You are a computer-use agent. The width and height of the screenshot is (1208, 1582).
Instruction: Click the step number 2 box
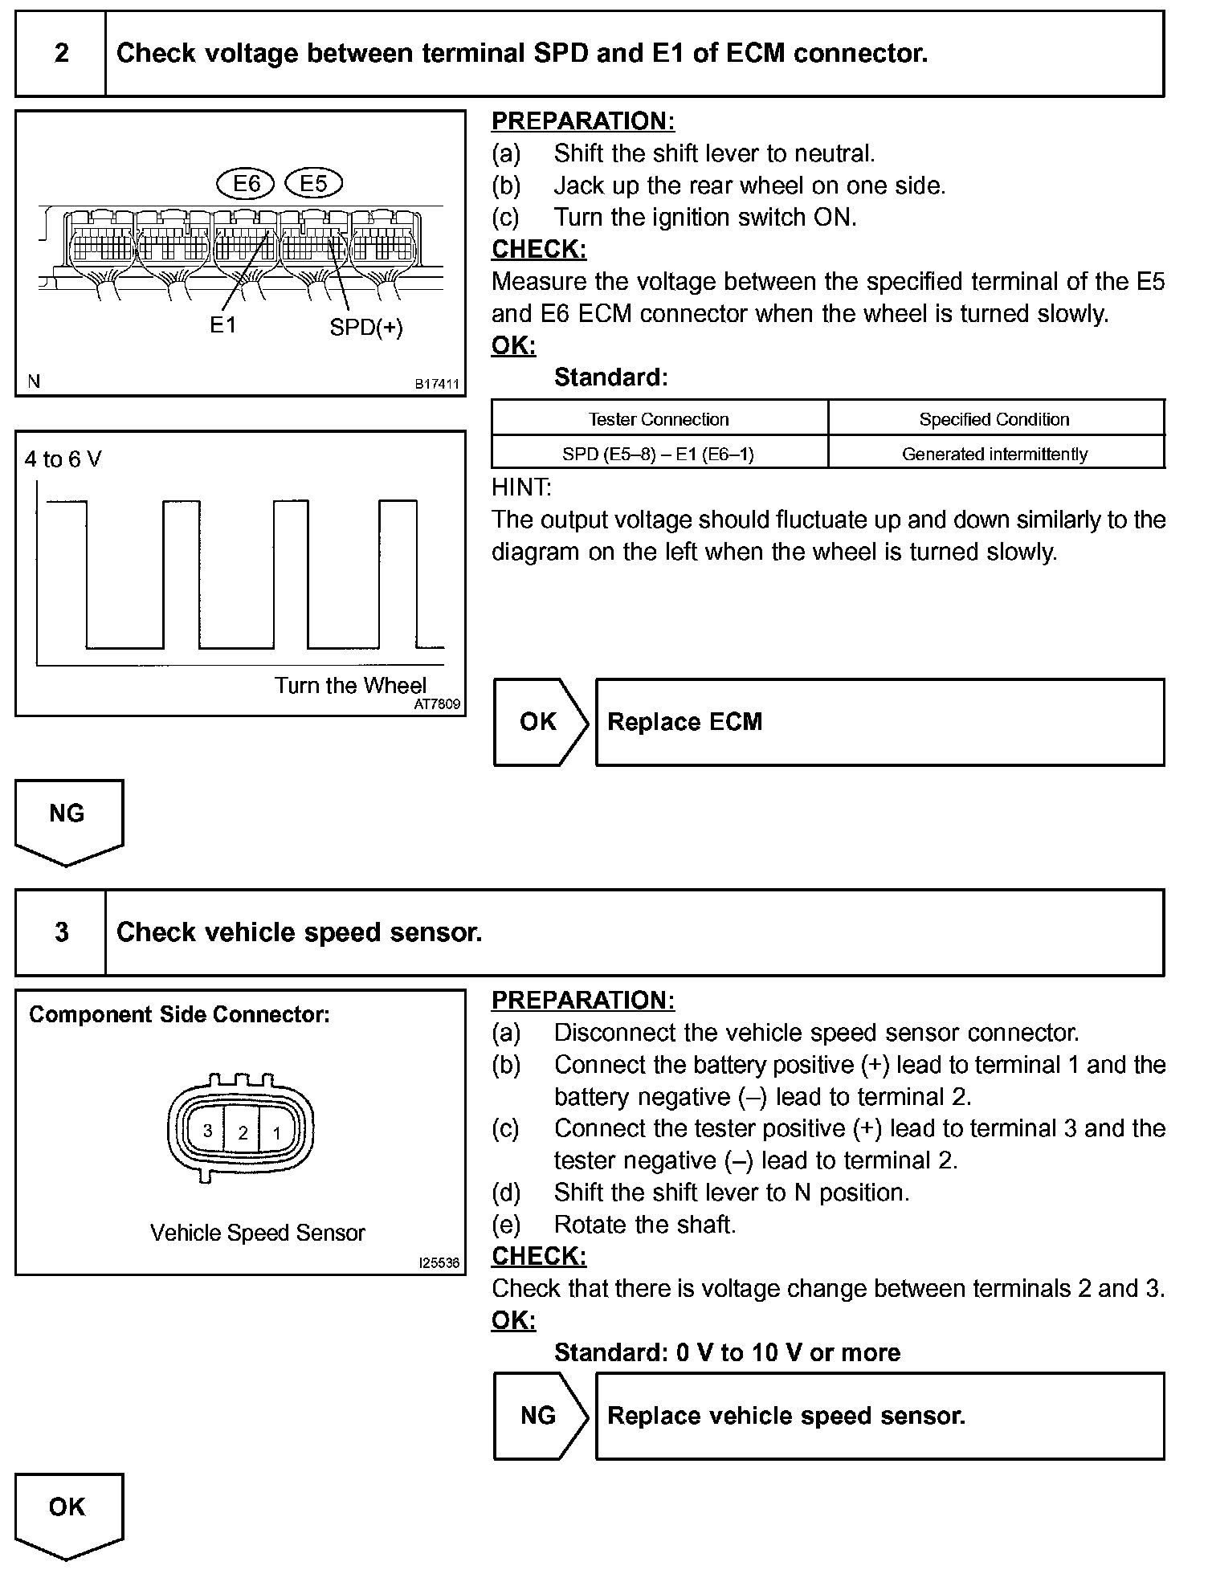point(61,54)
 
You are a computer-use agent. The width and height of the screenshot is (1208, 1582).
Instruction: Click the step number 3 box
point(61,932)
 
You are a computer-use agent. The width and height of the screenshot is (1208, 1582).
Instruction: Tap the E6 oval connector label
point(246,184)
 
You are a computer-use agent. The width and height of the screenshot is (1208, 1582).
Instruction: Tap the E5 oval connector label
point(313,184)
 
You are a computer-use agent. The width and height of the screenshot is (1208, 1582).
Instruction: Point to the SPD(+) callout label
point(366,328)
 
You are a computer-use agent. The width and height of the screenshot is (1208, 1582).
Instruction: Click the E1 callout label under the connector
point(222,325)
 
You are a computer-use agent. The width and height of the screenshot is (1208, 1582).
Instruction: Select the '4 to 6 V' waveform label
point(63,459)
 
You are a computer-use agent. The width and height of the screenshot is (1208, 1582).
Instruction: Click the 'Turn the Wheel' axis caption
point(350,685)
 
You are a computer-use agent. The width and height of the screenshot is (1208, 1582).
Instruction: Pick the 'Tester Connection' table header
point(659,419)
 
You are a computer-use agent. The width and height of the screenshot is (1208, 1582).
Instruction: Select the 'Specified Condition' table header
point(994,419)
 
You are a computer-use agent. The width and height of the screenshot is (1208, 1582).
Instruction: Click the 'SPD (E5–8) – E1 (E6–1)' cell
point(659,455)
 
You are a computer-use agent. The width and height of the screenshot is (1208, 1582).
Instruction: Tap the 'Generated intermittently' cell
point(994,455)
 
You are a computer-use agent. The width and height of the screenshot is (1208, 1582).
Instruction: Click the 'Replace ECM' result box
point(879,722)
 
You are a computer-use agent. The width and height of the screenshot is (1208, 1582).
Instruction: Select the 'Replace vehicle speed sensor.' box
point(879,1416)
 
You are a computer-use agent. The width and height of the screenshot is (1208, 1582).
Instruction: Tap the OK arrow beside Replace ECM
point(539,722)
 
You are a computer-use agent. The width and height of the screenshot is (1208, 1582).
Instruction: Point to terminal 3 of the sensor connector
point(207,1131)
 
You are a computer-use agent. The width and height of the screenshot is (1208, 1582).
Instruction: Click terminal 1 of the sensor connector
point(277,1132)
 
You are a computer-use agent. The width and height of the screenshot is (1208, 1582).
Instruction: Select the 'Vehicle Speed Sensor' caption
point(257,1233)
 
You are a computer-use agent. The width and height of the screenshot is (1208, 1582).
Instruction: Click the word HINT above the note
point(521,487)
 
